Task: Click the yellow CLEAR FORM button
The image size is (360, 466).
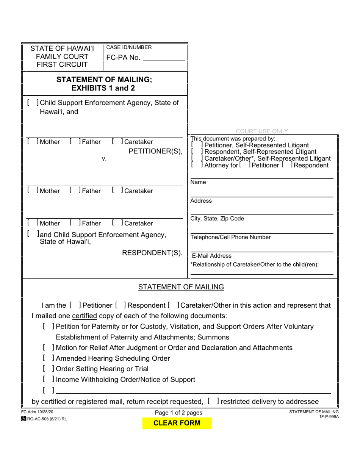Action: tap(177, 423)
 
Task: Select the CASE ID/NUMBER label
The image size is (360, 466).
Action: tap(129, 47)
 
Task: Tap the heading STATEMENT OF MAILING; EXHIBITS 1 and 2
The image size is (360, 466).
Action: tap(104, 84)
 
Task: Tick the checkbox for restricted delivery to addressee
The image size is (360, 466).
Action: tap(213, 401)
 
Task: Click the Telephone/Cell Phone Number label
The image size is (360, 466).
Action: tap(230, 237)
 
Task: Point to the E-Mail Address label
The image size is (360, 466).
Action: tap(212, 256)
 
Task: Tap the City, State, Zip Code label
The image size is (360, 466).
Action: tap(217, 219)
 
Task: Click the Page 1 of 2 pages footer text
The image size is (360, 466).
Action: tap(178, 413)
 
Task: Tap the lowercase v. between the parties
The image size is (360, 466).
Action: tap(104, 159)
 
